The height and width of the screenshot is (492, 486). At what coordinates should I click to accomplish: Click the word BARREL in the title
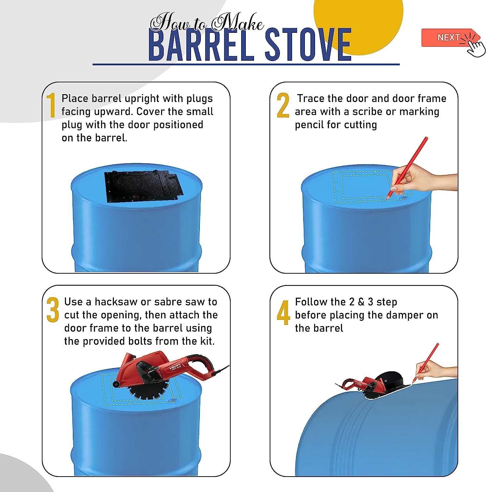(202, 45)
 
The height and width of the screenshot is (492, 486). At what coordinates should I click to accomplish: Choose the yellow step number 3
(53, 310)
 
